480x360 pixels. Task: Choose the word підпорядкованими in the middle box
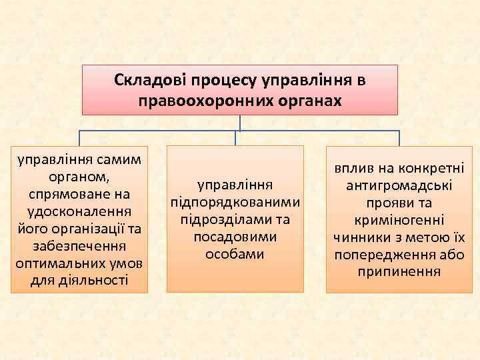pyautogui.click(x=235, y=202)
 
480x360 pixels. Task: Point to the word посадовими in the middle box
pyautogui.click(x=235, y=237)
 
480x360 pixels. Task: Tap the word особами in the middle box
pyautogui.click(x=235, y=254)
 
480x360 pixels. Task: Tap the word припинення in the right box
pyautogui.click(x=399, y=272)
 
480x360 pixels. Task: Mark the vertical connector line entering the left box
pyautogui.click(x=79, y=137)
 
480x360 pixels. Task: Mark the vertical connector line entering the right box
pyautogui.click(x=399, y=137)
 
